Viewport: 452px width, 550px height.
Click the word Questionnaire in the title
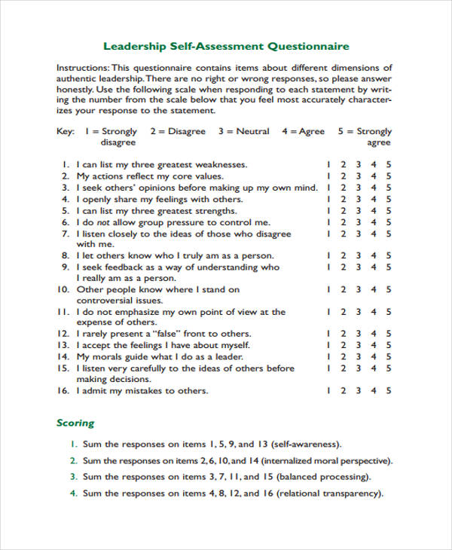[308, 46]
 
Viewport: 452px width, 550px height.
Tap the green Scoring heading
[75, 423]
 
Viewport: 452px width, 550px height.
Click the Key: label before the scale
[66, 131]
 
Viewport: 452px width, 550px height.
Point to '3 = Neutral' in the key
[243, 131]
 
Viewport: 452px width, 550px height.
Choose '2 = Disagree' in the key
[178, 131]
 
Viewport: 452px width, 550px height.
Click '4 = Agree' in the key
[303, 131]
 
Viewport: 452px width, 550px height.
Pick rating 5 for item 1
[389, 164]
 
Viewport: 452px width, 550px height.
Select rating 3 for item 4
[359, 200]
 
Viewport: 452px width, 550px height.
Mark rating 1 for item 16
[328, 391]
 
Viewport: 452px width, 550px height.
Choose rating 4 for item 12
[374, 334]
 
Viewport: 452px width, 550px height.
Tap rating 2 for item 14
[344, 356]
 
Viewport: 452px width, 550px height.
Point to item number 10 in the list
[63, 289]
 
